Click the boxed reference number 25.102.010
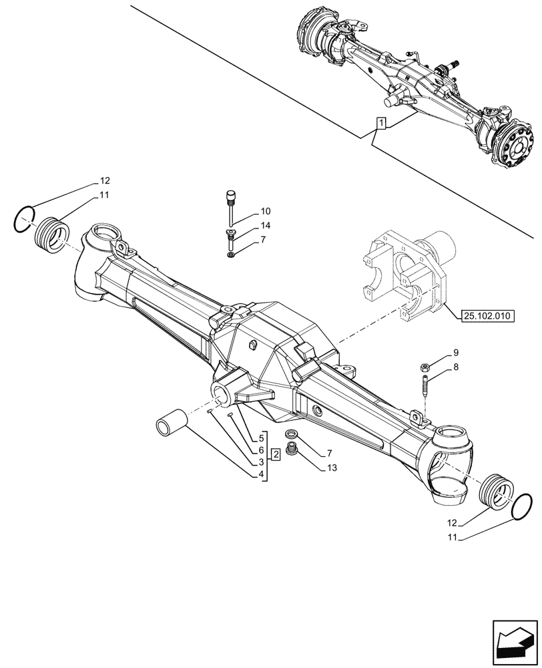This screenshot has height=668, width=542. pyautogui.click(x=487, y=315)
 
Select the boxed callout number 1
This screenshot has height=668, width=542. pyautogui.click(x=380, y=124)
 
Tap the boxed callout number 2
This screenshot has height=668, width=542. pyautogui.click(x=275, y=454)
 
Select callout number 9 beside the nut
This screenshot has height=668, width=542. pyautogui.click(x=456, y=353)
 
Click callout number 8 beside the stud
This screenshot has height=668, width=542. pyautogui.click(x=456, y=367)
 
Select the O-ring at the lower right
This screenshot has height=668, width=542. pyautogui.click(x=521, y=506)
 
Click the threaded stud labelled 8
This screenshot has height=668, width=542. pyautogui.click(x=424, y=389)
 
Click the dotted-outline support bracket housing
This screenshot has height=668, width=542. pyautogui.click(x=401, y=275)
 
